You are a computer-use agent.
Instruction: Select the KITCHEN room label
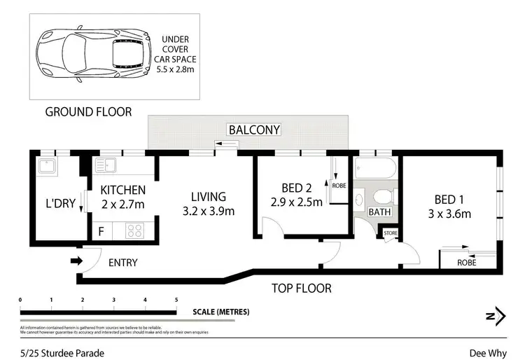pos(122,190)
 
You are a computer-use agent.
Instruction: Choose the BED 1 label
pos(448,199)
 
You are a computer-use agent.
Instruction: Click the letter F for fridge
pos(101,229)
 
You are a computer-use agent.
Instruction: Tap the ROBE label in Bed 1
pos(466,263)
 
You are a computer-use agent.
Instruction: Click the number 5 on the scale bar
pos(176,300)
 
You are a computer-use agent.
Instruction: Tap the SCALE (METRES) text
pos(220,312)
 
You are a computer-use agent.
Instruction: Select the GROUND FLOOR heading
pos(87,112)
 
